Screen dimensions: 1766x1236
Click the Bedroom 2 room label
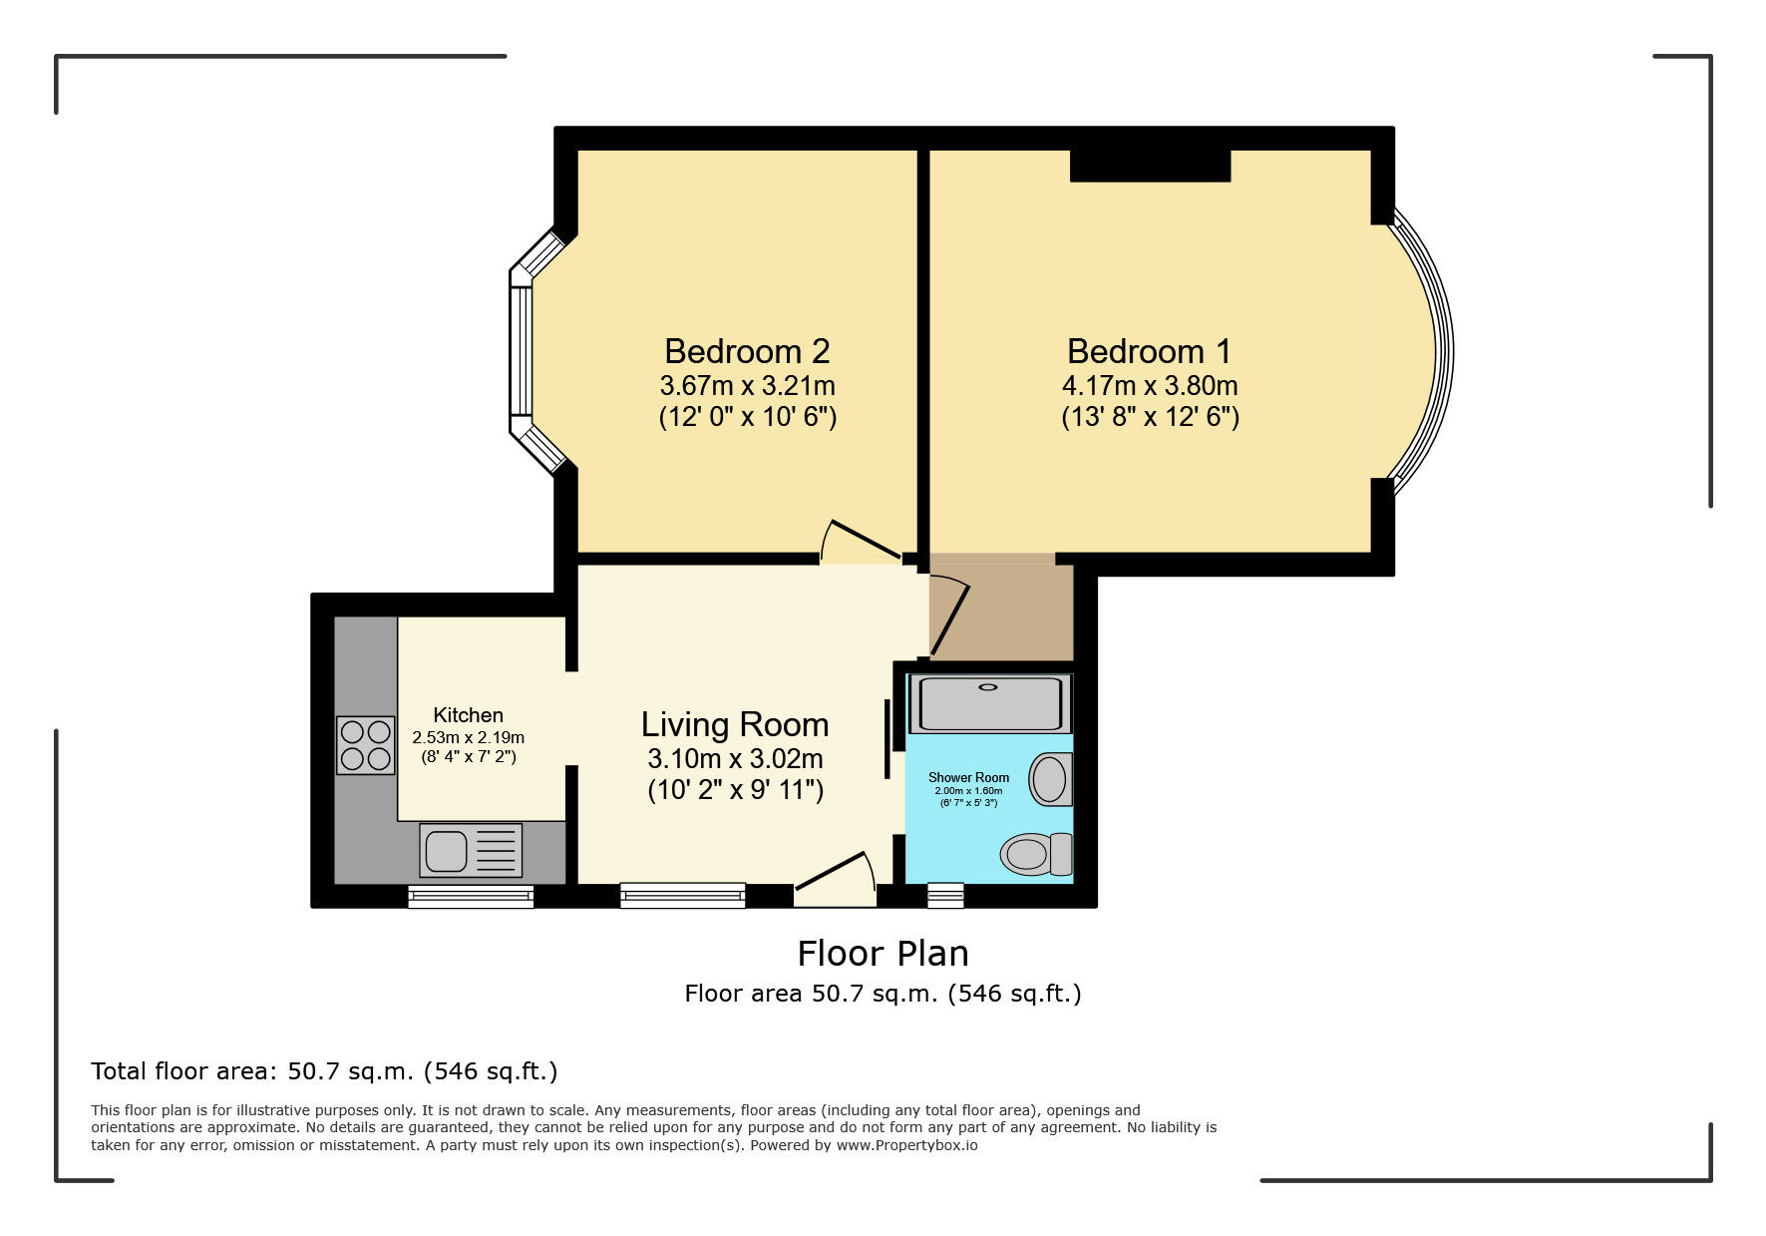click(747, 351)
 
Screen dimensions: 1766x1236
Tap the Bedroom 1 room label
click(1150, 351)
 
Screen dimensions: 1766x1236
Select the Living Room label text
click(735, 724)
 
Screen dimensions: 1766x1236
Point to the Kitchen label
click(468, 715)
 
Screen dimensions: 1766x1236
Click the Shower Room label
click(968, 777)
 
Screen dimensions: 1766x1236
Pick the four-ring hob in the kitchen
click(365, 745)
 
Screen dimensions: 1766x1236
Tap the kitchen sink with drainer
click(471, 850)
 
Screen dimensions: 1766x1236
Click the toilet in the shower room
click(1036, 854)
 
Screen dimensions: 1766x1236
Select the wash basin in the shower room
click(1050, 779)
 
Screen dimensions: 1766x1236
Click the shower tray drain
click(988, 687)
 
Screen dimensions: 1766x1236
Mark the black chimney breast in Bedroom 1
click(1150, 166)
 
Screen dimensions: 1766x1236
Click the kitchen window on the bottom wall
click(471, 896)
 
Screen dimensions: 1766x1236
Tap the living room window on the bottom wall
click(683, 895)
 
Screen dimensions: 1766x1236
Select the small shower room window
click(945, 895)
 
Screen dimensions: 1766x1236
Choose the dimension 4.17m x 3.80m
click(1150, 385)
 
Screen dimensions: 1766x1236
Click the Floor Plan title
click(883, 954)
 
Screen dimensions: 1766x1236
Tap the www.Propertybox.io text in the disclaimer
click(906, 1145)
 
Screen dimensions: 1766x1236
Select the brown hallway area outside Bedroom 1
click(1001, 609)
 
